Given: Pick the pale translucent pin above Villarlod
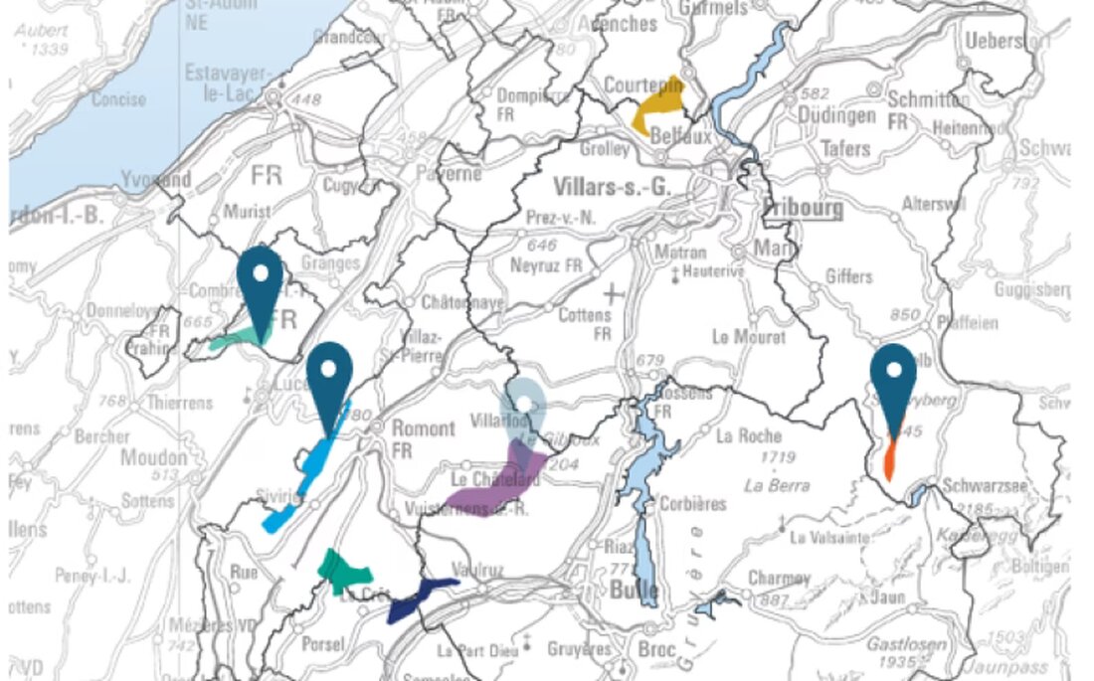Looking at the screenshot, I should pyautogui.click(x=522, y=407).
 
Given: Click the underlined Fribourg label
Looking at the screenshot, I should pyautogui.click(x=803, y=209).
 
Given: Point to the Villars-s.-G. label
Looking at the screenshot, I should pyautogui.click(x=612, y=184).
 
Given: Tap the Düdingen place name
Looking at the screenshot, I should pyautogui.click(x=835, y=115).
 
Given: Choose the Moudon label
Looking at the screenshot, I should pyautogui.click(x=153, y=458).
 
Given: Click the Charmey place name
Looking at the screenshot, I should pyautogui.click(x=779, y=578).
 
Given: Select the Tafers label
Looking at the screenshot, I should pyautogui.click(x=844, y=148).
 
